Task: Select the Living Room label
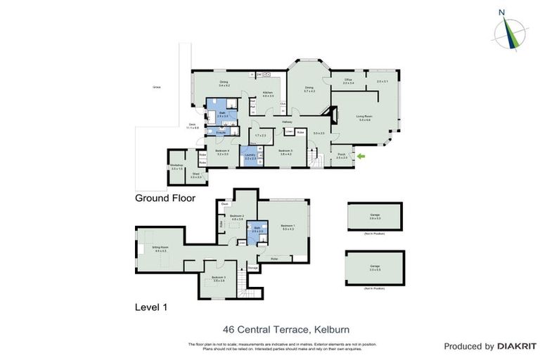point(364,117)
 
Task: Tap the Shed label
point(196,176)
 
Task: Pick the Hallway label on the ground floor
point(287,122)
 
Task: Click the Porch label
point(342,156)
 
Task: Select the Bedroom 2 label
point(237,216)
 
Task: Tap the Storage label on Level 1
point(252,267)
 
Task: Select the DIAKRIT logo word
point(517,346)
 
